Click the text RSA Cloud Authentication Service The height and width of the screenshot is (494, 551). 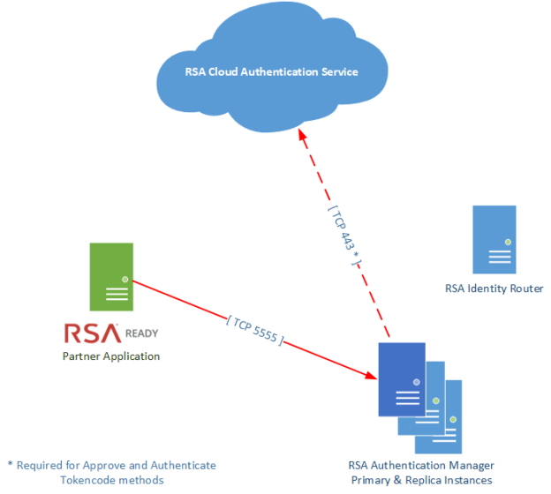pos(272,71)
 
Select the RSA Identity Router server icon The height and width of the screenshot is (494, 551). pos(494,239)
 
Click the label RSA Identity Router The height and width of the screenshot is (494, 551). pos(494,288)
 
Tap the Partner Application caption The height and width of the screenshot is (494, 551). pos(111,356)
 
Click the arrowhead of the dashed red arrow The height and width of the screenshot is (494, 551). pos(302,139)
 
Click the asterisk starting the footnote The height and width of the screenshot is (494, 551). pos(10,464)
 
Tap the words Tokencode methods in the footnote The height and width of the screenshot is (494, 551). pos(111,480)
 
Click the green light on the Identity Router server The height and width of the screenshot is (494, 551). pos(507,242)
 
